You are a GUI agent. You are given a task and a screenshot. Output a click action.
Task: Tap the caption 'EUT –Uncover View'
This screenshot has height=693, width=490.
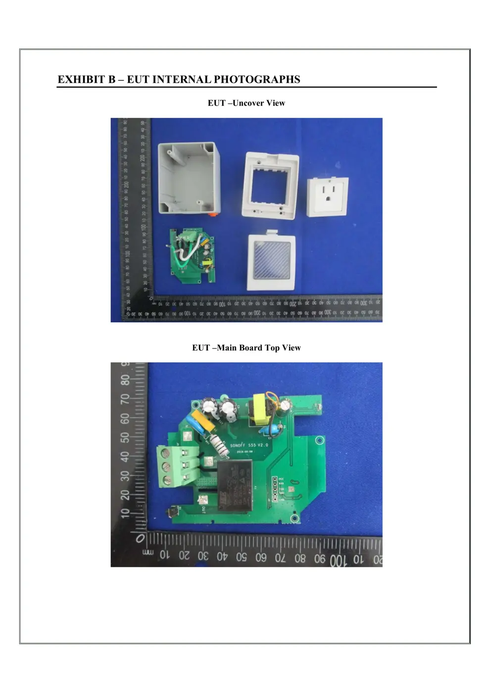click(246, 103)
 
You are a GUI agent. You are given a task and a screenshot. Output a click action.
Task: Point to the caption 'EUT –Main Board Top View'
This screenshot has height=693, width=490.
click(246, 348)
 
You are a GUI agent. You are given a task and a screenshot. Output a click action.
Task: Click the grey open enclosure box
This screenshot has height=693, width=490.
click(188, 178)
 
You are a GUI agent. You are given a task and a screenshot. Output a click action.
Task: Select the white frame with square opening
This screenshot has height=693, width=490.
click(270, 185)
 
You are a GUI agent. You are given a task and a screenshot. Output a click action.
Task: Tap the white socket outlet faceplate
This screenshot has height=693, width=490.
click(328, 197)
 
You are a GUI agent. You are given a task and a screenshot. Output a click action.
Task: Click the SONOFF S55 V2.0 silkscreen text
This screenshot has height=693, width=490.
click(249, 445)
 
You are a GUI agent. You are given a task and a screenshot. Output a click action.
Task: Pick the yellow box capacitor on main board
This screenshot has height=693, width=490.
click(203, 420)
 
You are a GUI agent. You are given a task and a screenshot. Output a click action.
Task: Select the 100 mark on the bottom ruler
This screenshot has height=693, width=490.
click(339, 560)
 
